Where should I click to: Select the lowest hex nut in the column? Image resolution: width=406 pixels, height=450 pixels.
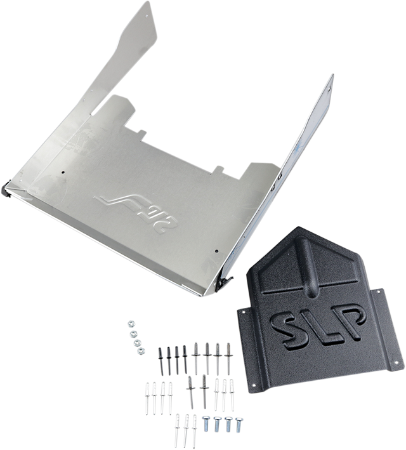click(x=141, y=351)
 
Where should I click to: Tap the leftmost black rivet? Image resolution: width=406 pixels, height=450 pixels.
click(x=160, y=361)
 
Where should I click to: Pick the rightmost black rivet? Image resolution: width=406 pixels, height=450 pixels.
click(x=185, y=359)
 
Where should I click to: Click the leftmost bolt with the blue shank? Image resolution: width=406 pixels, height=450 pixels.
click(x=206, y=423)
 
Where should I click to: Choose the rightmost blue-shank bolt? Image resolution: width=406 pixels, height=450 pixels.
click(x=239, y=425)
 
